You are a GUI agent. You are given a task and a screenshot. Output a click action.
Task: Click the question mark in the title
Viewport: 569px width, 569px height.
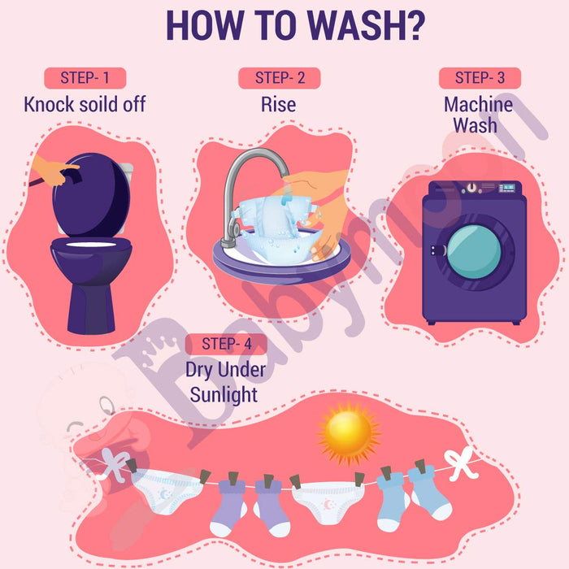[x=414, y=25]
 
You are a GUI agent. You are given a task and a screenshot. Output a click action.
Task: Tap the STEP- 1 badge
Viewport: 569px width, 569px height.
[x=85, y=78]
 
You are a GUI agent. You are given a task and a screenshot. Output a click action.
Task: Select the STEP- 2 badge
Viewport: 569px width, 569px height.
[x=280, y=78]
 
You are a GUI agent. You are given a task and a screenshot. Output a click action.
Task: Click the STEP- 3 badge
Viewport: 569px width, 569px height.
[x=480, y=78]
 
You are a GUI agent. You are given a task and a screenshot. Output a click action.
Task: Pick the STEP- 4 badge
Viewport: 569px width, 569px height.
[x=226, y=344]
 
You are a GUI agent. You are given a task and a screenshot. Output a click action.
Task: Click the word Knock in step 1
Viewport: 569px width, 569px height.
[x=50, y=105]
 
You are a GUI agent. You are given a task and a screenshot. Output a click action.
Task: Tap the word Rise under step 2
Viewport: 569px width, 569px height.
[x=278, y=105]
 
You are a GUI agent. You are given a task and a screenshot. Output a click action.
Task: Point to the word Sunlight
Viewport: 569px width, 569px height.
[x=224, y=396]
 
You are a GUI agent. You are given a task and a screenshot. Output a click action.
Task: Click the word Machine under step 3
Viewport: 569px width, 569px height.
[x=478, y=105]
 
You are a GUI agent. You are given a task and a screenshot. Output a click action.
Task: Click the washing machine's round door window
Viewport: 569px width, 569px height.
[x=474, y=251]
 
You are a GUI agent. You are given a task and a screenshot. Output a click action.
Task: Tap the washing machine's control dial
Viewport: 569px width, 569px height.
[x=471, y=188]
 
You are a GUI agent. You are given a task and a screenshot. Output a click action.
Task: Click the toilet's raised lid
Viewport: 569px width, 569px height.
[x=91, y=195]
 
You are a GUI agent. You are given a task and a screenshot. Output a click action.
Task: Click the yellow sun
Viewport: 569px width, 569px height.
[x=349, y=432]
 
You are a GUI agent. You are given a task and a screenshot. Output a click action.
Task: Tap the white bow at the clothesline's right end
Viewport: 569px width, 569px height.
[x=461, y=463]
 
